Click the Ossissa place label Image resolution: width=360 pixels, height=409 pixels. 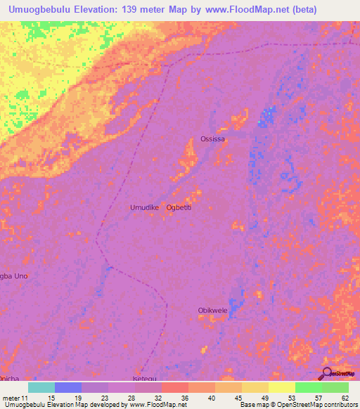coord(213,139)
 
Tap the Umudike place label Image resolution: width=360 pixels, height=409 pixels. coord(146,207)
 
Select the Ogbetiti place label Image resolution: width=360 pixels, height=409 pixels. coord(179,207)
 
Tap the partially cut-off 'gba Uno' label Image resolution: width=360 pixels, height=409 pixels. coord(14,276)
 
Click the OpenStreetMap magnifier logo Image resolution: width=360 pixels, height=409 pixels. coord(326,372)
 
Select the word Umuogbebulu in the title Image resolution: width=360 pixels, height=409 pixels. coord(44,9)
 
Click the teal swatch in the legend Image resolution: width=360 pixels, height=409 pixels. coord(41,387)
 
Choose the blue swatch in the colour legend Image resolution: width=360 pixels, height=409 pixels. coord(68,387)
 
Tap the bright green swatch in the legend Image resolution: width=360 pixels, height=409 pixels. coord(308,387)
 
